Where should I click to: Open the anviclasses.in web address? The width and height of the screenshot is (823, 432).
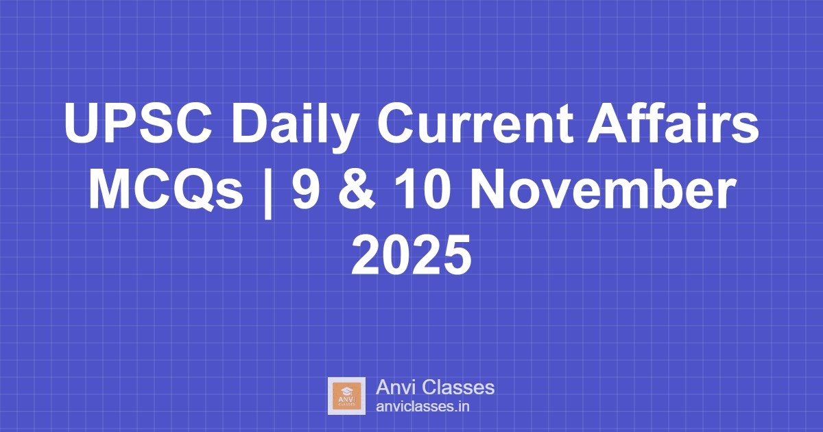click(422, 407)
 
